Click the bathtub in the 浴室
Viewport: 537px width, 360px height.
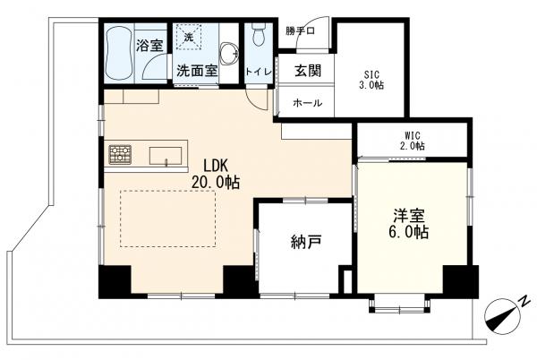[x=118, y=53]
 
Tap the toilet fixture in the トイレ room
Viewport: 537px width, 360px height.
[x=259, y=34]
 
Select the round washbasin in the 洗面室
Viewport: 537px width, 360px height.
[x=228, y=53]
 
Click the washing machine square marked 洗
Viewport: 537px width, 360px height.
[x=188, y=37]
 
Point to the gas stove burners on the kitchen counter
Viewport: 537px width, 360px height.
[x=120, y=154]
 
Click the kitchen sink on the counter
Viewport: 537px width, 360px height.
[x=166, y=156]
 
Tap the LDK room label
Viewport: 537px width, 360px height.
[x=216, y=166]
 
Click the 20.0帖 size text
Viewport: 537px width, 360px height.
[x=216, y=183]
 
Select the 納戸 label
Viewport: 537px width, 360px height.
[x=306, y=242]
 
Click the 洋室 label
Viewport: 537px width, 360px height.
[x=409, y=216]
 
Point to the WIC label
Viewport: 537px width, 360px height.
[x=413, y=135]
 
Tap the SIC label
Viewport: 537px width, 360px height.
[x=371, y=74]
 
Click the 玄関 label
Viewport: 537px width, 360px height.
[x=308, y=71]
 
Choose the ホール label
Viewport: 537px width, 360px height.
[x=308, y=103]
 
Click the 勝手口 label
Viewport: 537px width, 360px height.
[x=301, y=31]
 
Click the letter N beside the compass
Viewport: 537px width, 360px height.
[x=523, y=302]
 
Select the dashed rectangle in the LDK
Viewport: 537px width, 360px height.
[x=168, y=219]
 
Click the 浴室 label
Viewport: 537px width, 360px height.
[x=150, y=45]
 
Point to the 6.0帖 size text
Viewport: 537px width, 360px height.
[x=408, y=233]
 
